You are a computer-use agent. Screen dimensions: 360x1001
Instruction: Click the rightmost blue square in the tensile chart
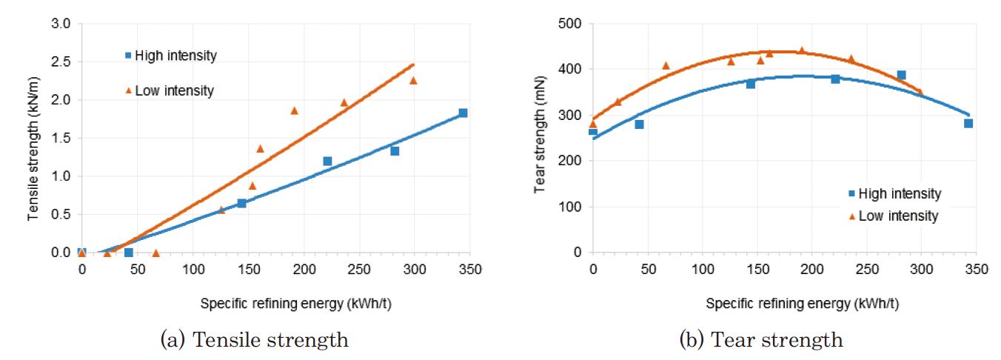(463, 113)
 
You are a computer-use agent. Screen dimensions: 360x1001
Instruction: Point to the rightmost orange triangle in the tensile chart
(413, 80)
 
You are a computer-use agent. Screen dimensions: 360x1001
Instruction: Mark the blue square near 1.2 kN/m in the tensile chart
(327, 161)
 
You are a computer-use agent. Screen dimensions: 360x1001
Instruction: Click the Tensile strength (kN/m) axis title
(33, 138)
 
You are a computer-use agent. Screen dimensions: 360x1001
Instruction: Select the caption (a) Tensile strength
(254, 340)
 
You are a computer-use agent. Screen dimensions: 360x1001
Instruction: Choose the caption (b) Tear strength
(761, 340)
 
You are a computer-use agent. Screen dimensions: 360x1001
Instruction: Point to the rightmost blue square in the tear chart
(968, 123)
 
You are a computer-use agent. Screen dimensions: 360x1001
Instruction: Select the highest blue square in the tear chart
(901, 75)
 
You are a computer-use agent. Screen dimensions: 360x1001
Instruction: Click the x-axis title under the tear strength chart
(783, 304)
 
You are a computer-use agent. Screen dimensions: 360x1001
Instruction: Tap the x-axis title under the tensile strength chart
(273, 304)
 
